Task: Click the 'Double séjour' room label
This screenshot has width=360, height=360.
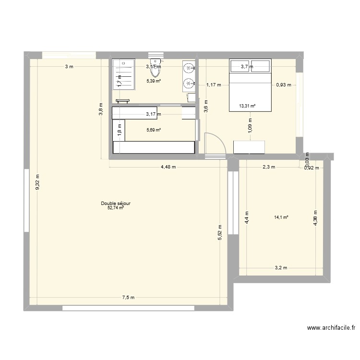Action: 116,204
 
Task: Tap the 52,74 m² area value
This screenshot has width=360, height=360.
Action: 116,208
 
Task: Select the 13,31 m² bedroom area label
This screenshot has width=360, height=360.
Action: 247,106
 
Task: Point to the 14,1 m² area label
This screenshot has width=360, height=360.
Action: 281,217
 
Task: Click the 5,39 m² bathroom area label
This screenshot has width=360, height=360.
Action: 154,81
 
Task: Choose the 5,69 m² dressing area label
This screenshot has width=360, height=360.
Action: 154,130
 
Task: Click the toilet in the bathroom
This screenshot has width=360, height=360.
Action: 155,69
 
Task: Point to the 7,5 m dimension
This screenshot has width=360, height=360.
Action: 128,298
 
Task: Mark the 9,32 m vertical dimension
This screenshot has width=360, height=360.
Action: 38,181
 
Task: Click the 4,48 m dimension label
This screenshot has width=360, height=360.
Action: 168,167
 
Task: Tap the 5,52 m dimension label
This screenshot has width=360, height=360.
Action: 220,233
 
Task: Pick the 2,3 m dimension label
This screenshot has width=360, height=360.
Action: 268,167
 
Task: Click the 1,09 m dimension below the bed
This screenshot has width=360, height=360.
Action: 250,126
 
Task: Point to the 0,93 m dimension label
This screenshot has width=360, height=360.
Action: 283,85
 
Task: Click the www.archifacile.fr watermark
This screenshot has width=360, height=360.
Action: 331,328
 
